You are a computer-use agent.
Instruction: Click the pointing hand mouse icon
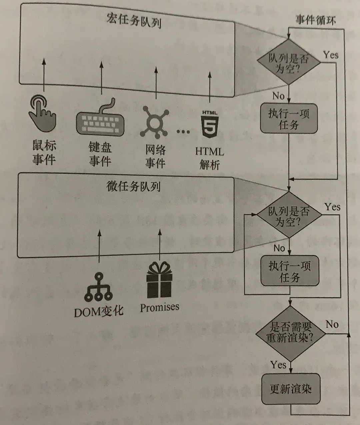tap(43, 113)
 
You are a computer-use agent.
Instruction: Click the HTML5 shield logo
tap(210, 123)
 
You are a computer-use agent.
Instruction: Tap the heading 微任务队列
tap(133, 186)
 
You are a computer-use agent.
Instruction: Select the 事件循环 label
tap(315, 20)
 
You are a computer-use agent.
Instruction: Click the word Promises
tap(159, 307)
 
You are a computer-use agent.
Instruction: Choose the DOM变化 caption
tap(99, 311)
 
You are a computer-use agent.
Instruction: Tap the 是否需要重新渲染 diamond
tap(290, 333)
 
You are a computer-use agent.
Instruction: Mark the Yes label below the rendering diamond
tap(278, 365)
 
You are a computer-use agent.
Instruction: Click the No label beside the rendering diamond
tap(332, 324)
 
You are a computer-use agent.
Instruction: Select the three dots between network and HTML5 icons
tap(183, 132)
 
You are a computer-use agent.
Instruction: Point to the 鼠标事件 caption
tap(44, 152)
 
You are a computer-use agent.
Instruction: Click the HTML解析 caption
tap(210, 158)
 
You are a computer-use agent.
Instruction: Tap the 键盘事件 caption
tap(100, 154)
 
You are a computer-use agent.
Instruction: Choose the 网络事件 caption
tap(155, 156)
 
